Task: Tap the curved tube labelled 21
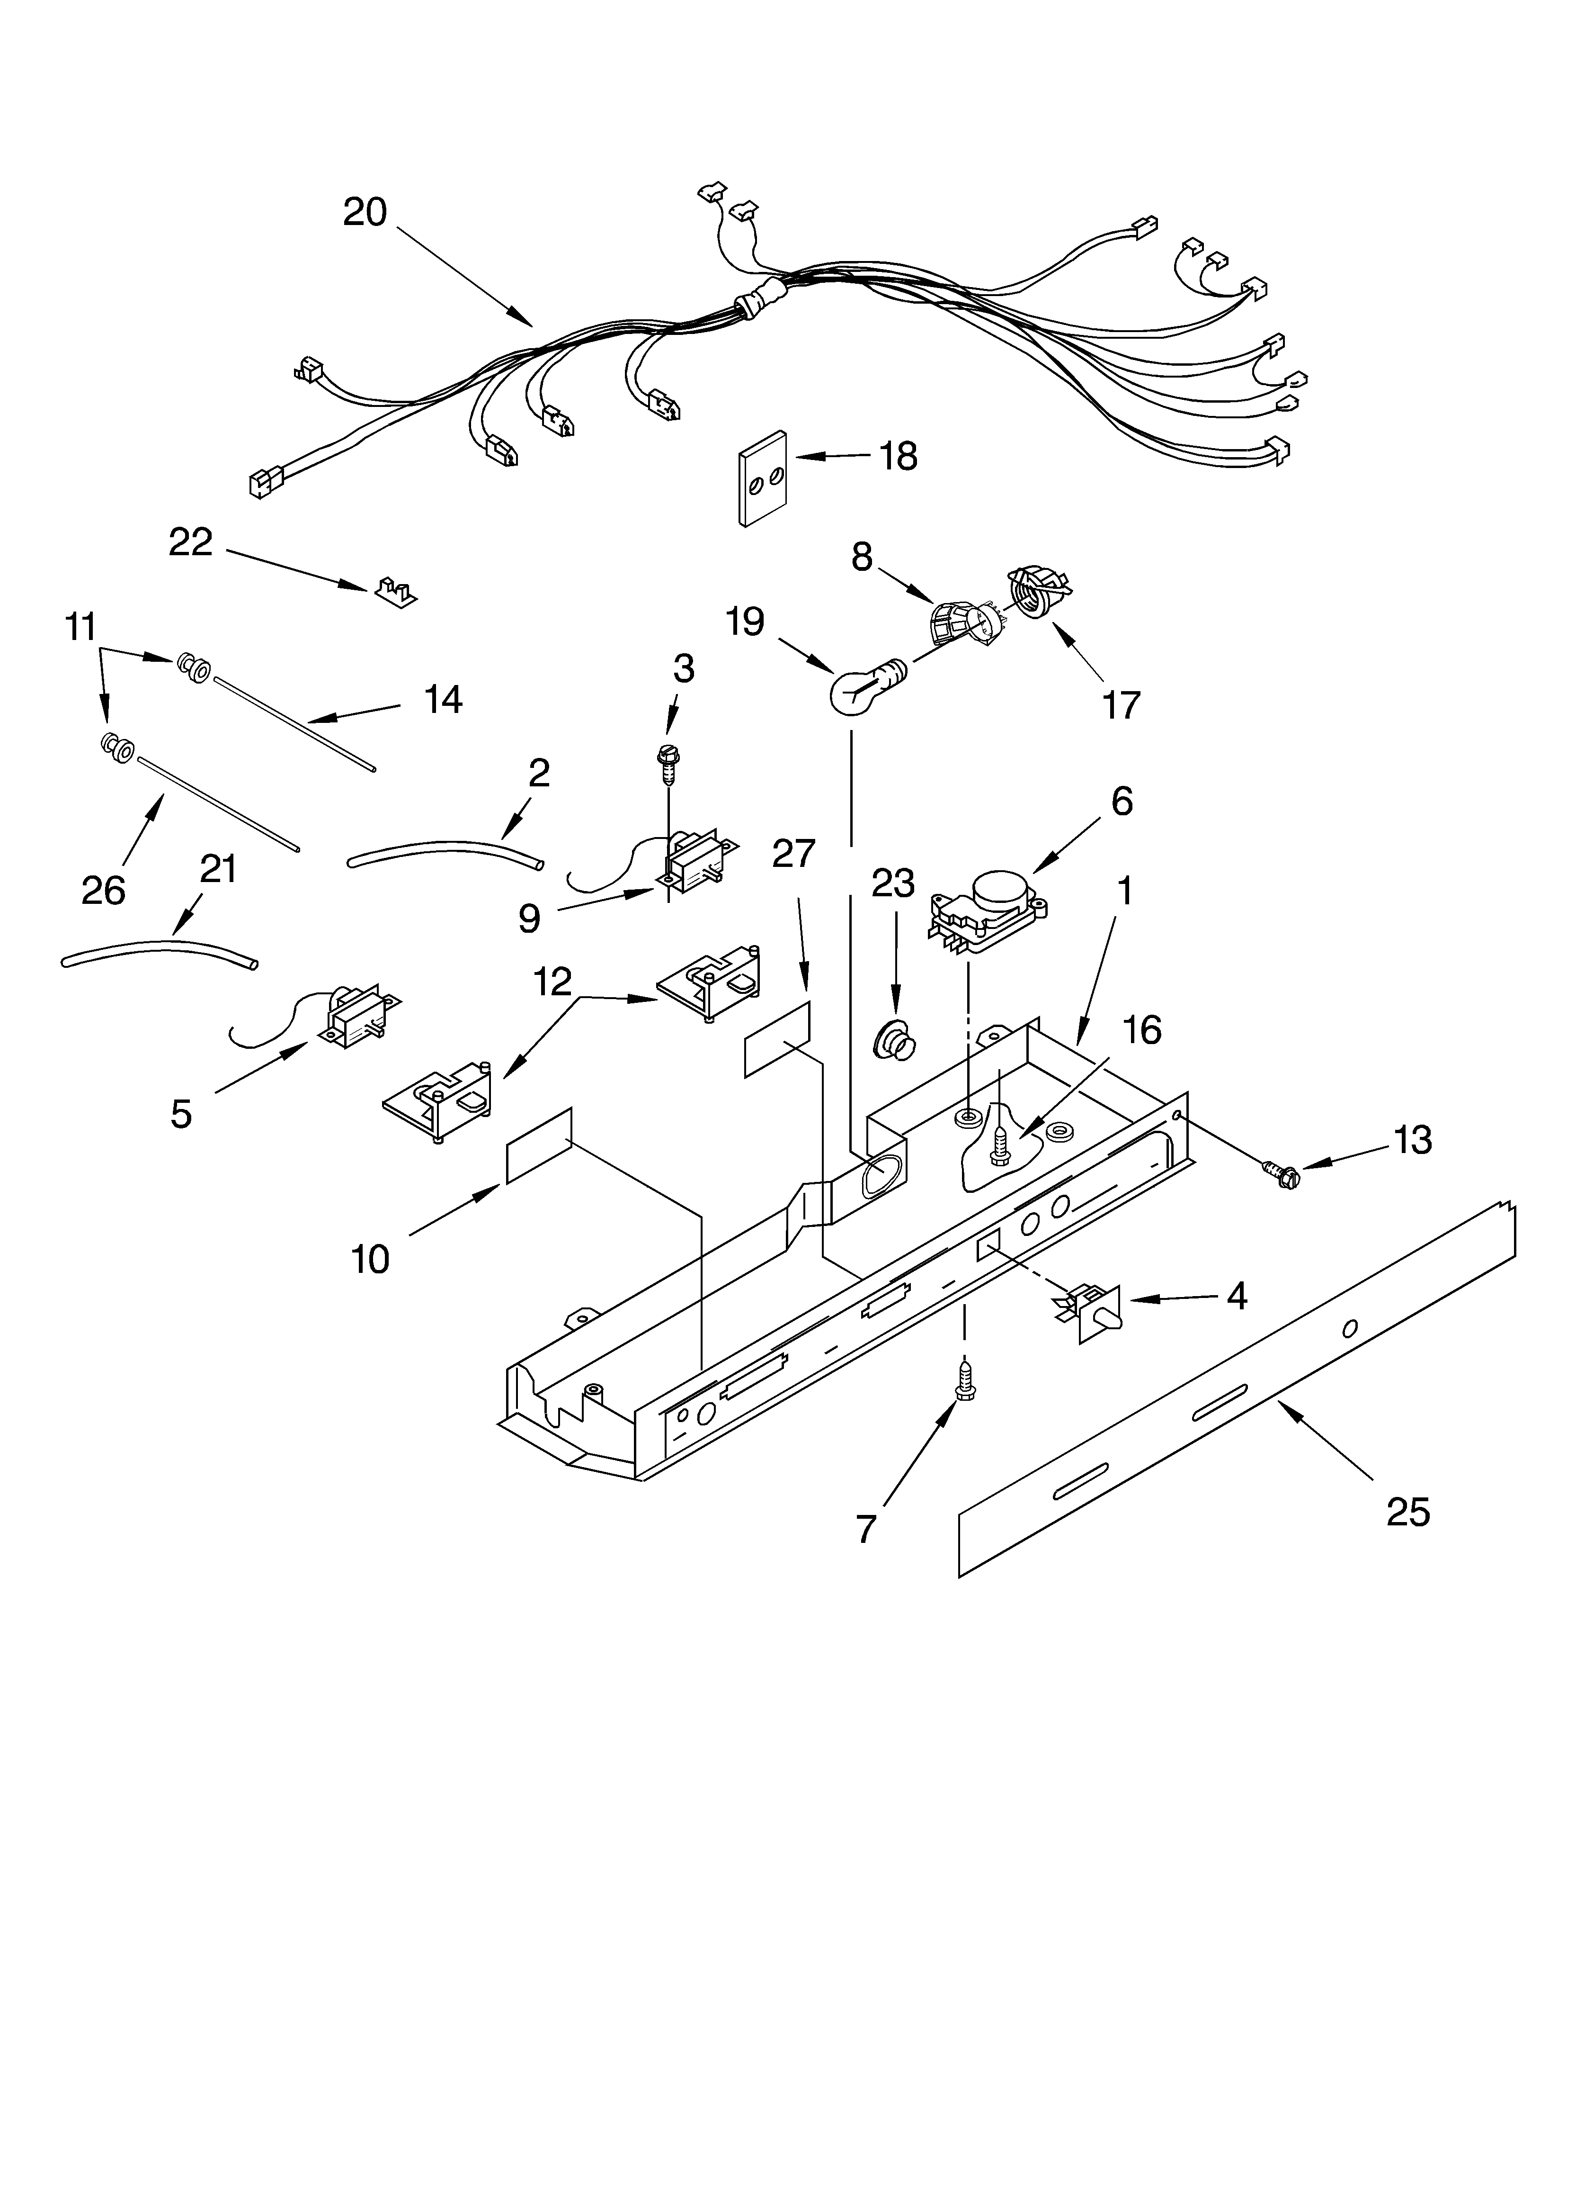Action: coord(159,959)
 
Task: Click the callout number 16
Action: coord(1142,1030)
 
